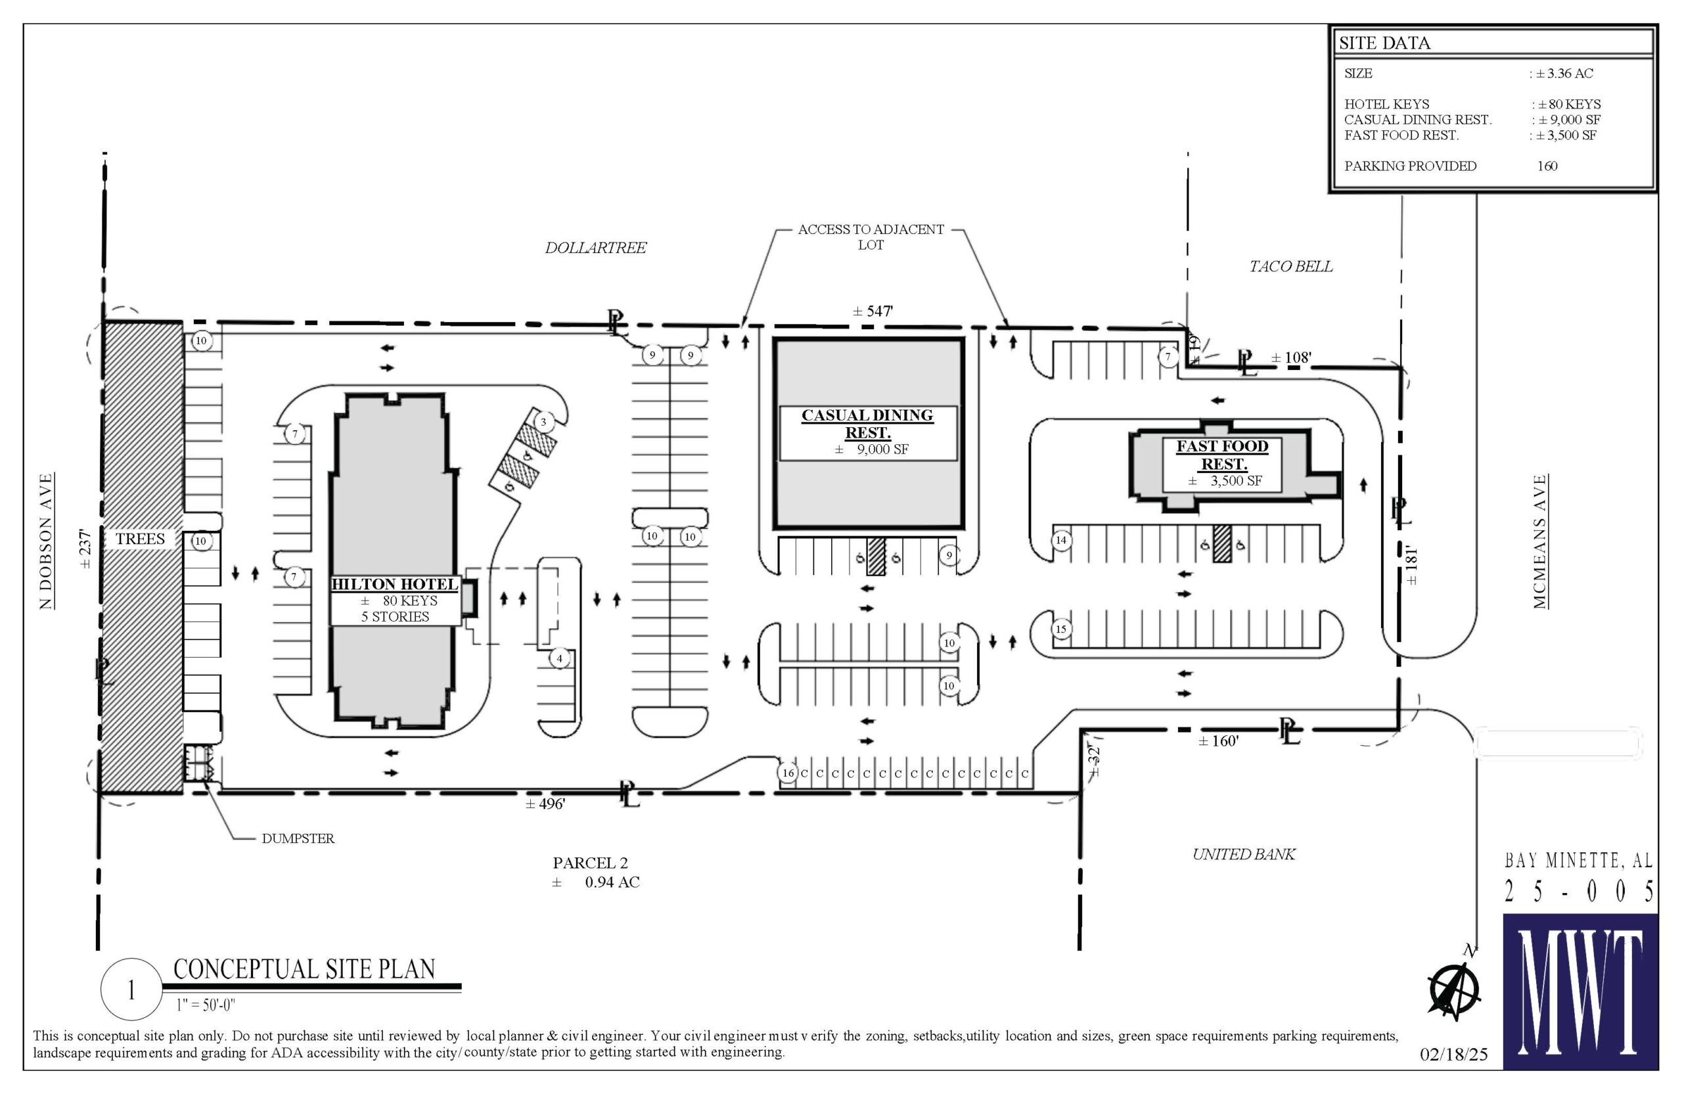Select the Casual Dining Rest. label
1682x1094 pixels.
coord(867,424)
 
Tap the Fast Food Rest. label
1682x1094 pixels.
coord(1222,455)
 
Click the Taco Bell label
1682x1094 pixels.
coord(1290,266)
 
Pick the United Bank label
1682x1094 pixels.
coord(1243,854)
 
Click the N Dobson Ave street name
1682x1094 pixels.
coord(46,541)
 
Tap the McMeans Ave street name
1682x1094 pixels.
coord(1540,541)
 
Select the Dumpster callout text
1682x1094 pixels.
coord(298,839)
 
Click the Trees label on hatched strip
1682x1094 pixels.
coord(140,539)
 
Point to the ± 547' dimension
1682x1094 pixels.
coord(872,311)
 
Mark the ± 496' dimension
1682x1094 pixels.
coord(545,804)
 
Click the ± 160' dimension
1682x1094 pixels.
coord(1218,741)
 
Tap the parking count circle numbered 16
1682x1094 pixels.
coord(788,773)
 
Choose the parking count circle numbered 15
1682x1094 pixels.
coord(1060,629)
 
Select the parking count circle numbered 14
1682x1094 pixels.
coord(1061,541)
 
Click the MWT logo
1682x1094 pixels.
coord(1580,991)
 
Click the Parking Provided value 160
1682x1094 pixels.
coord(1547,166)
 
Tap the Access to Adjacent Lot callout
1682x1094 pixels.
coord(871,237)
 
